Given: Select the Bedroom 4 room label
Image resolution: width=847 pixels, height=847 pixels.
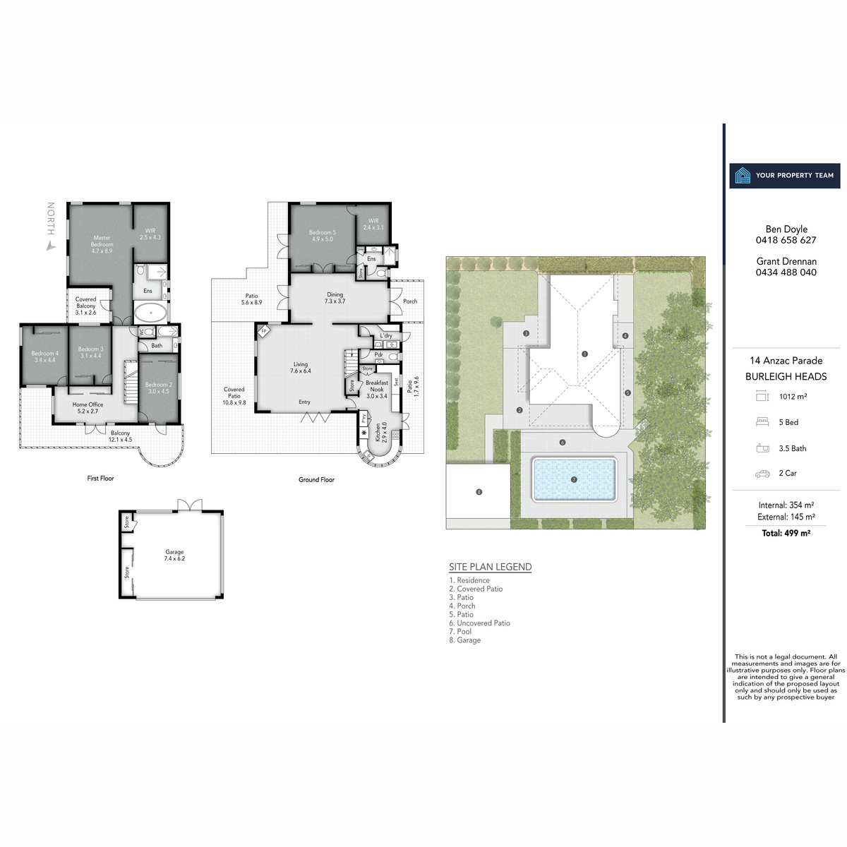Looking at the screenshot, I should pyautogui.click(x=44, y=356).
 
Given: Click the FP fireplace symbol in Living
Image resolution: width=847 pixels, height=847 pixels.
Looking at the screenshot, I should pyautogui.click(x=263, y=330).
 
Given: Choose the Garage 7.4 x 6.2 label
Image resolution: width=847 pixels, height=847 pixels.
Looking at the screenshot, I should pyautogui.click(x=174, y=555).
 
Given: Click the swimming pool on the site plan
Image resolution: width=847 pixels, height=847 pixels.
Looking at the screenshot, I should pyautogui.click(x=574, y=480).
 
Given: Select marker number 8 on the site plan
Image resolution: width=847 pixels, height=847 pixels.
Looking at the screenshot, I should pyautogui.click(x=479, y=492).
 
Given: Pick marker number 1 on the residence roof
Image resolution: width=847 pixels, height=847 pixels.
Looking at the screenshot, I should pyautogui.click(x=584, y=354).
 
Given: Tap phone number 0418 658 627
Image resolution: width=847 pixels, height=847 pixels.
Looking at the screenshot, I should pyautogui.click(x=786, y=240).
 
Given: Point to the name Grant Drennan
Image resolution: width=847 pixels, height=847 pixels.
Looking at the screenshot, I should pyautogui.click(x=786, y=261).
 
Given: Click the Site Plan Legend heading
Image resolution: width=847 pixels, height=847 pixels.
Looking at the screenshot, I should pyautogui.click(x=491, y=567).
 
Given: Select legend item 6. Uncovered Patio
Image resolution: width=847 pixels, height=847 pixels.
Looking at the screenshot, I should pyautogui.click(x=479, y=623).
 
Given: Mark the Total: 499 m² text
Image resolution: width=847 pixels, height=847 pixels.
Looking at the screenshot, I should pyautogui.click(x=786, y=533).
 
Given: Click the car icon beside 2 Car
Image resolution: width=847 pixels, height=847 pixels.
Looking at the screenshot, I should pyautogui.click(x=762, y=474).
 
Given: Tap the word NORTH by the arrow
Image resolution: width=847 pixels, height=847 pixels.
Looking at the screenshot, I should pyautogui.click(x=50, y=219).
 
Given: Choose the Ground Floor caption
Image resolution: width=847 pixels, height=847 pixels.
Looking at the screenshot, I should pyautogui.click(x=316, y=479).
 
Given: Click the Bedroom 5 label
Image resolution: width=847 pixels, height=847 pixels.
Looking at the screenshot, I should pyautogui.click(x=322, y=235).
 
